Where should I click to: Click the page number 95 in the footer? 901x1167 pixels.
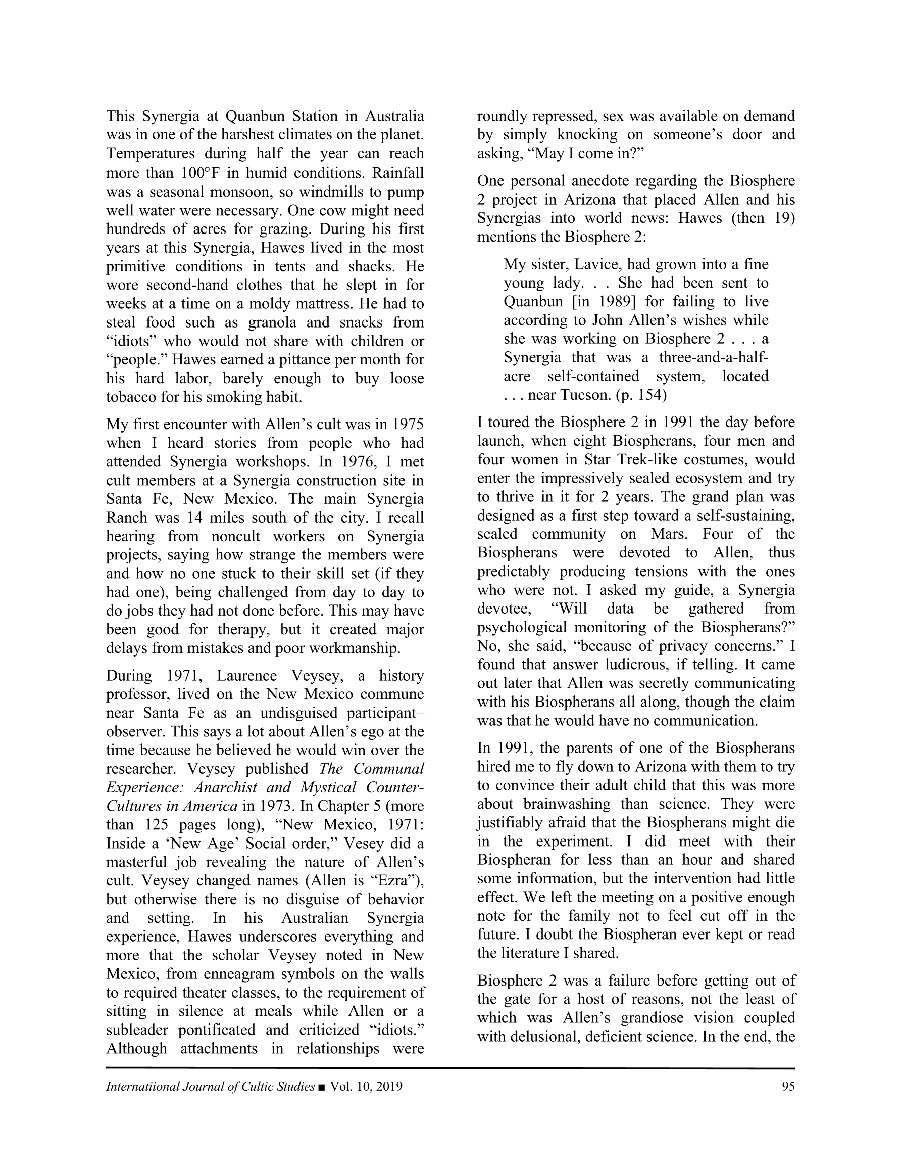tap(788, 1086)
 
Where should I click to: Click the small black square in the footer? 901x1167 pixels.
tap(321, 1087)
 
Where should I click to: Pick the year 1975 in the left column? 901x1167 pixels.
tap(408, 424)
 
